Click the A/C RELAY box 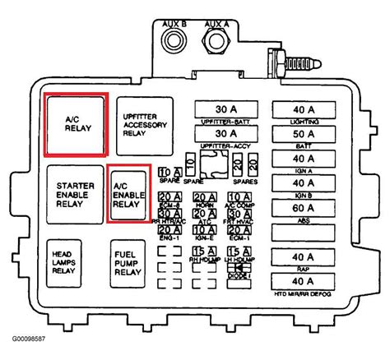[x=74, y=123]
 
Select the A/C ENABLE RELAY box [x=128, y=193]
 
